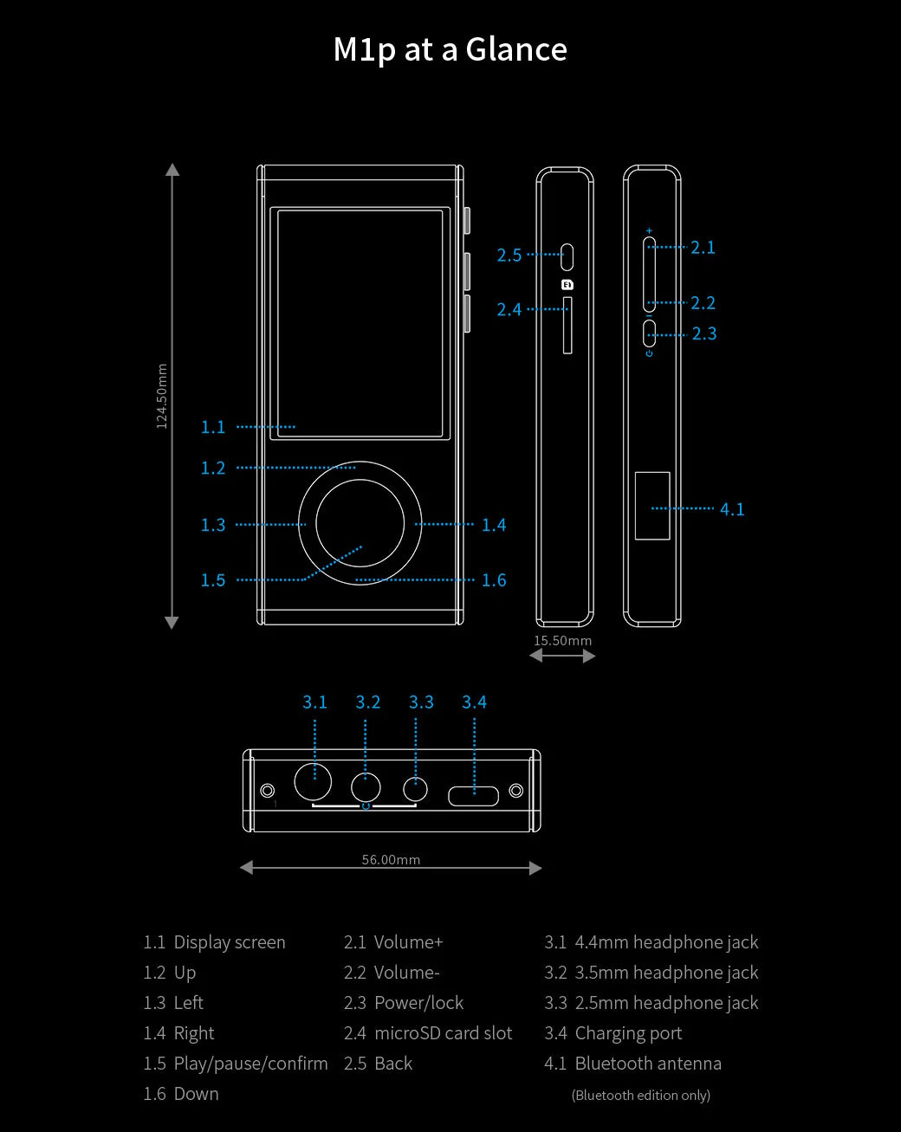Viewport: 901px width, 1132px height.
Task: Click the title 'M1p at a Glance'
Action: point(450,49)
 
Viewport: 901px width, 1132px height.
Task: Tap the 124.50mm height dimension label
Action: point(162,396)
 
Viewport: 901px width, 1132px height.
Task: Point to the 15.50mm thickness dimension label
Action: point(562,641)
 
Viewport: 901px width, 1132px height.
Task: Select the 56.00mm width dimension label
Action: point(391,860)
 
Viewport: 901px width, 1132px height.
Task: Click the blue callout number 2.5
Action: point(509,256)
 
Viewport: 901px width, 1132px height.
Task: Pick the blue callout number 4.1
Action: point(732,509)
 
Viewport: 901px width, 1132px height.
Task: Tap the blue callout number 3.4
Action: point(474,702)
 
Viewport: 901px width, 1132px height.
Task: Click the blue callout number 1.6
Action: point(494,580)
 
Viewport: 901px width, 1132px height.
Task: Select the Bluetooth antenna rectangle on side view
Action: point(652,506)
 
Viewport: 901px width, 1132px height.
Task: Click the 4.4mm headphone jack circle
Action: point(313,782)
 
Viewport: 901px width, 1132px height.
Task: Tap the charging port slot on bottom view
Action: point(473,795)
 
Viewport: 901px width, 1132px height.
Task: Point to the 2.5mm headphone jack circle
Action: point(416,789)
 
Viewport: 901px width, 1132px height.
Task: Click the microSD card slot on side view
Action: point(567,326)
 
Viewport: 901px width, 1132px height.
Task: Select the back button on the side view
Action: point(567,256)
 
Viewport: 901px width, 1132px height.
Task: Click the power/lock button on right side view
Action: point(650,333)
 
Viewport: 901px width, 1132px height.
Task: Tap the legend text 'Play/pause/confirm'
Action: point(250,1064)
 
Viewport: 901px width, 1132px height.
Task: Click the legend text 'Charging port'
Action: point(628,1033)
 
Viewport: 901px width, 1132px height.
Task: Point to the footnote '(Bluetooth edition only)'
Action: point(641,1096)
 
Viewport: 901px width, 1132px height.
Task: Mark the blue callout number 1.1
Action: point(213,427)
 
